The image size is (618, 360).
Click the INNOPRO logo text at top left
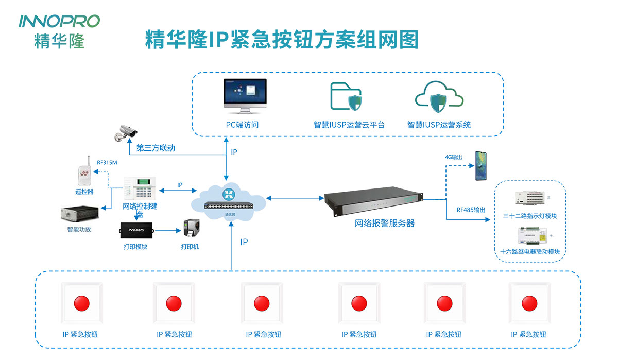tap(59, 21)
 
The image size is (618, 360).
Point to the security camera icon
tap(126, 132)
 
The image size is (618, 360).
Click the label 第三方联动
tap(156, 148)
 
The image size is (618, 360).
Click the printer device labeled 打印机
tap(190, 230)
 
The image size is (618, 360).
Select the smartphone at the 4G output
tap(482, 165)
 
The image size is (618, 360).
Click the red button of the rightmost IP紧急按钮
tap(529, 303)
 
